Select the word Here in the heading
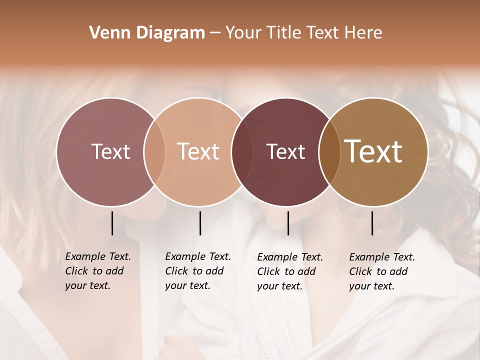[x=363, y=33]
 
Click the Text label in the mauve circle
[x=110, y=151]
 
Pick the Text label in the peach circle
[x=198, y=151]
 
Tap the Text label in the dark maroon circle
[x=285, y=151]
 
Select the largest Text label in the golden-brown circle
[x=373, y=151]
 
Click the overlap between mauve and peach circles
[x=154, y=151]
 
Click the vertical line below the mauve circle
[x=112, y=223]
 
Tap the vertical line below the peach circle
[x=200, y=223]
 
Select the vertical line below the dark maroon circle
[x=288, y=223]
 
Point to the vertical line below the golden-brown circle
[x=372, y=223]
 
